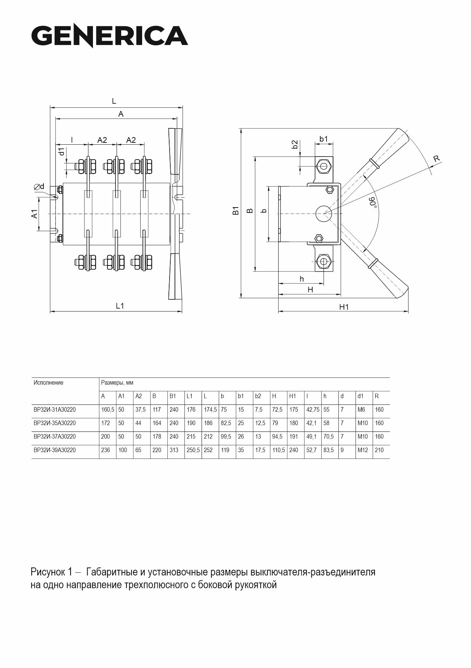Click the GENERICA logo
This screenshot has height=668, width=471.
pyautogui.click(x=110, y=36)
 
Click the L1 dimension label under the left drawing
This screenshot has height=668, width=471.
pyautogui.click(x=120, y=305)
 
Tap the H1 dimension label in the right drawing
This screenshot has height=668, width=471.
pyautogui.click(x=344, y=307)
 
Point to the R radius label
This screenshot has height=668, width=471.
pyautogui.click(x=437, y=158)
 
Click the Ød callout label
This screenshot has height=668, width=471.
pyautogui.click(x=39, y=187)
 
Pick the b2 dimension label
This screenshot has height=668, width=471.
pyautogui.click(x=295, y=145)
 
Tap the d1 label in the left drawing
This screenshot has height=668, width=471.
pyautogui.click(x=62, y=152)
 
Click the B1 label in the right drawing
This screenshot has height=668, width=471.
pyautogui.click(x=236, y=210)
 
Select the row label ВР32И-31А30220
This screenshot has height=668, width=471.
pyautogui.click(x=54, y=410)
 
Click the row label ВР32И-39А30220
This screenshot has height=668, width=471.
pyautogui.click(x=54, y=450)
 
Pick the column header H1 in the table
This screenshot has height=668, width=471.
pyautogui.click(x=293, y=396)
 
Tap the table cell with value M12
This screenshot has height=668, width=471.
pyautogui.click(x=363, y=450)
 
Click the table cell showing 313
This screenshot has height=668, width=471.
pyautogui.click(x=174, y=450)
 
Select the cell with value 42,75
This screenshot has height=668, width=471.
pyautogui.click(x=313, y=410)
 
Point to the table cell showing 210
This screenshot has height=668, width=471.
pyautogui.click(x=379, y=450)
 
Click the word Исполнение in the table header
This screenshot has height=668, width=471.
pyautogui.click(x=48, y=383)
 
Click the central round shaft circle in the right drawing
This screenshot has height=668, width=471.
pyautogui.click(x=324, y=214)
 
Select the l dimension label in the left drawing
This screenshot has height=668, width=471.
pyautogui.click(x=72, y=140)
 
